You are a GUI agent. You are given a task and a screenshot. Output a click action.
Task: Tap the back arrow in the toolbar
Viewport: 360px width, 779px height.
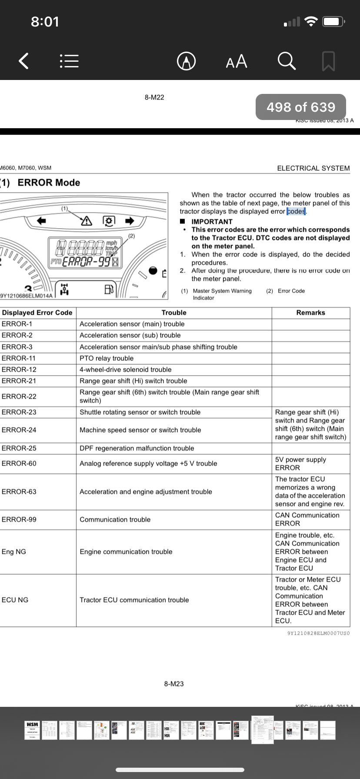coord(24,61)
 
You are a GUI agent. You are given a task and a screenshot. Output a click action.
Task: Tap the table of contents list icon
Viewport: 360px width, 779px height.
coord(69,61)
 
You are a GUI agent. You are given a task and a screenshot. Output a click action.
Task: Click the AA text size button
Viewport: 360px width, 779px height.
coord(237,61)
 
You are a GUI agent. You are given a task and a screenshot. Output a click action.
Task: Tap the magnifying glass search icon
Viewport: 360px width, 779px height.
coord(287,61)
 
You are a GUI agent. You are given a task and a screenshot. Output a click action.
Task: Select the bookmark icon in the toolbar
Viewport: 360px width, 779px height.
coord(328,61)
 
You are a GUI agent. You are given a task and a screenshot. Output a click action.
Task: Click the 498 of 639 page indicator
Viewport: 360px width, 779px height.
coord(301,107)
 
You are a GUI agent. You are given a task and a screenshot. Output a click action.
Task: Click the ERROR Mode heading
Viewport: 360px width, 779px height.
coord(49,183)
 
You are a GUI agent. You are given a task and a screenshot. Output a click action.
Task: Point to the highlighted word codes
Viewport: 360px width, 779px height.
coord(296,211)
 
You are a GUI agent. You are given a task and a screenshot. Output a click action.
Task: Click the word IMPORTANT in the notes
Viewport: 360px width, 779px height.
coord(212,222)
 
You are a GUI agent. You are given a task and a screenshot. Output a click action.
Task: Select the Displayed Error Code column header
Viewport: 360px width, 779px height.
coord(37,313)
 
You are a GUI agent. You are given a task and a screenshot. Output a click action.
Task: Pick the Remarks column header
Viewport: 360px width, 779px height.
coord(310,313)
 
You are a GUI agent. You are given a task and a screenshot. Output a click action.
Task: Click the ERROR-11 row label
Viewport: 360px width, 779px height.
coord(19,358)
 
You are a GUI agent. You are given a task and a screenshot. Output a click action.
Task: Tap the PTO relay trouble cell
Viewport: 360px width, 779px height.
coord(107,358)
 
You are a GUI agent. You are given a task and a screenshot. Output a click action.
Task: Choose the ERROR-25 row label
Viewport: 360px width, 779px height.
coord(19,448)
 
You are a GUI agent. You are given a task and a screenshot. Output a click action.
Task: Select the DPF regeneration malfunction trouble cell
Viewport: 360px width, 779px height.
coord(137,448)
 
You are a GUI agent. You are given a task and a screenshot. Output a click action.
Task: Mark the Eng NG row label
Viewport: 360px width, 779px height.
coord(14,552)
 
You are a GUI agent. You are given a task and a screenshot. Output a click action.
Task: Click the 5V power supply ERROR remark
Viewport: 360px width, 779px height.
coord(300,463)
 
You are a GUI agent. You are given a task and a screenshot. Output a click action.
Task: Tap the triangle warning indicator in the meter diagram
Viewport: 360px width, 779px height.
coord(87,221)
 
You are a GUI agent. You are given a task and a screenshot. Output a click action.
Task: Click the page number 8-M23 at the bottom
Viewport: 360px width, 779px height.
coord(174,684)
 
